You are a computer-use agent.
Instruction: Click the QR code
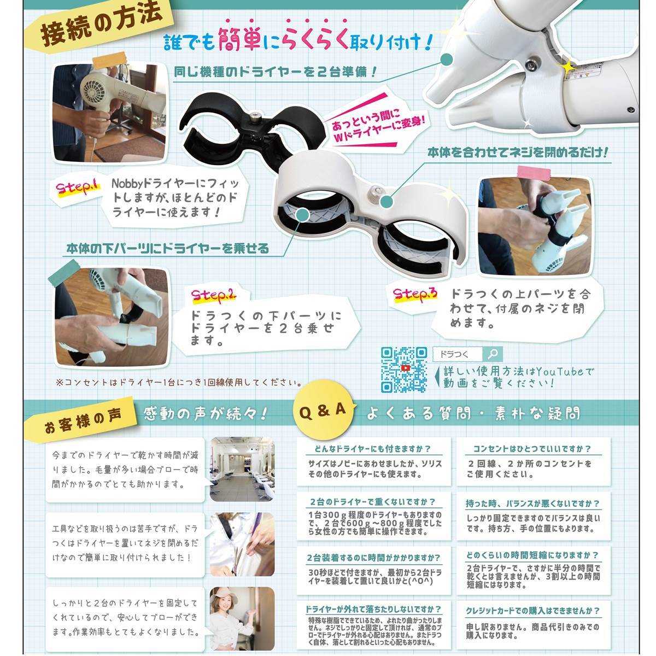(x=404, y=370)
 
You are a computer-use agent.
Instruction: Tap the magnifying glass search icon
(x=492, y=354)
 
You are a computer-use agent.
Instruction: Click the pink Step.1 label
(x=78, y=188)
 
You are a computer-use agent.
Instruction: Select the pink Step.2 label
(x=213, y=296)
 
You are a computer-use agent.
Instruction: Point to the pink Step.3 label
(x=415, y=295)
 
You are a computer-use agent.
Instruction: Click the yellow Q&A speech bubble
(x=323, y=411)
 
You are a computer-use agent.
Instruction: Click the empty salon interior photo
(x=242, y=469)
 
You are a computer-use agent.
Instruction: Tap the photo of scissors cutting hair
(x=242, y=544)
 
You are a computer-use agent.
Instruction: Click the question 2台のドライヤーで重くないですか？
(x=373, y=502)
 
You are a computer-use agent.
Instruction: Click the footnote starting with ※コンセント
(x=179, y=382)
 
